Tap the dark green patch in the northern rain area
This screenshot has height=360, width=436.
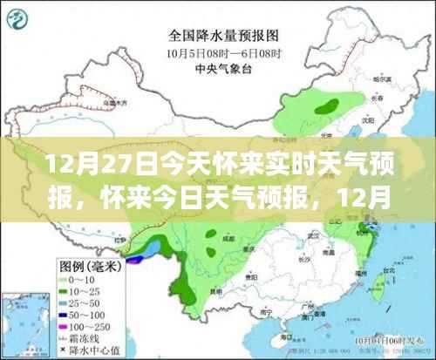pos(327,105)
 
